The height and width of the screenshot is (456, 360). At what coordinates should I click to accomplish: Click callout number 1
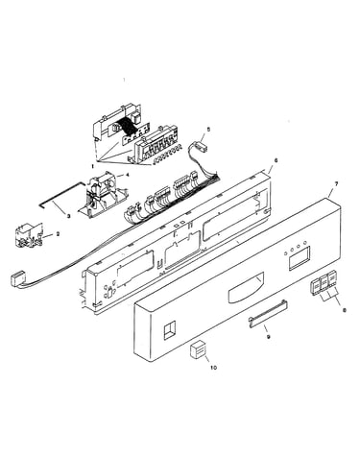coord(92,166)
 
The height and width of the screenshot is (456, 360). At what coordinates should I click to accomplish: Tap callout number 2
coord(58,234)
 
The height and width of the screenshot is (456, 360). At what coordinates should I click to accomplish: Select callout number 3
coord(68,217)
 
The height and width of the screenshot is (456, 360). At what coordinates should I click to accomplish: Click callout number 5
coord(208,130)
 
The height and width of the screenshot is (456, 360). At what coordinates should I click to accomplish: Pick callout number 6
coord(276,160)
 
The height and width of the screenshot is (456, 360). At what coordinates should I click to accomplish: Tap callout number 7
coord(336,183)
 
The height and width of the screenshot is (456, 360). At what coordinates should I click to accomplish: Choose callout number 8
coord(345,310)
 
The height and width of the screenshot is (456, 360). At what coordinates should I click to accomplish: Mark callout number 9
coord(268,336)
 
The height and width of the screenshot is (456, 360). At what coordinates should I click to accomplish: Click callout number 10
coord(213,368)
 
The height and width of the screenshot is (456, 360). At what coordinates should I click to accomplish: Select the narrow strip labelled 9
coord(268,314)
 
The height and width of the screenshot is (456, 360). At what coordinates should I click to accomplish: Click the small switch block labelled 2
coord(29,235)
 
